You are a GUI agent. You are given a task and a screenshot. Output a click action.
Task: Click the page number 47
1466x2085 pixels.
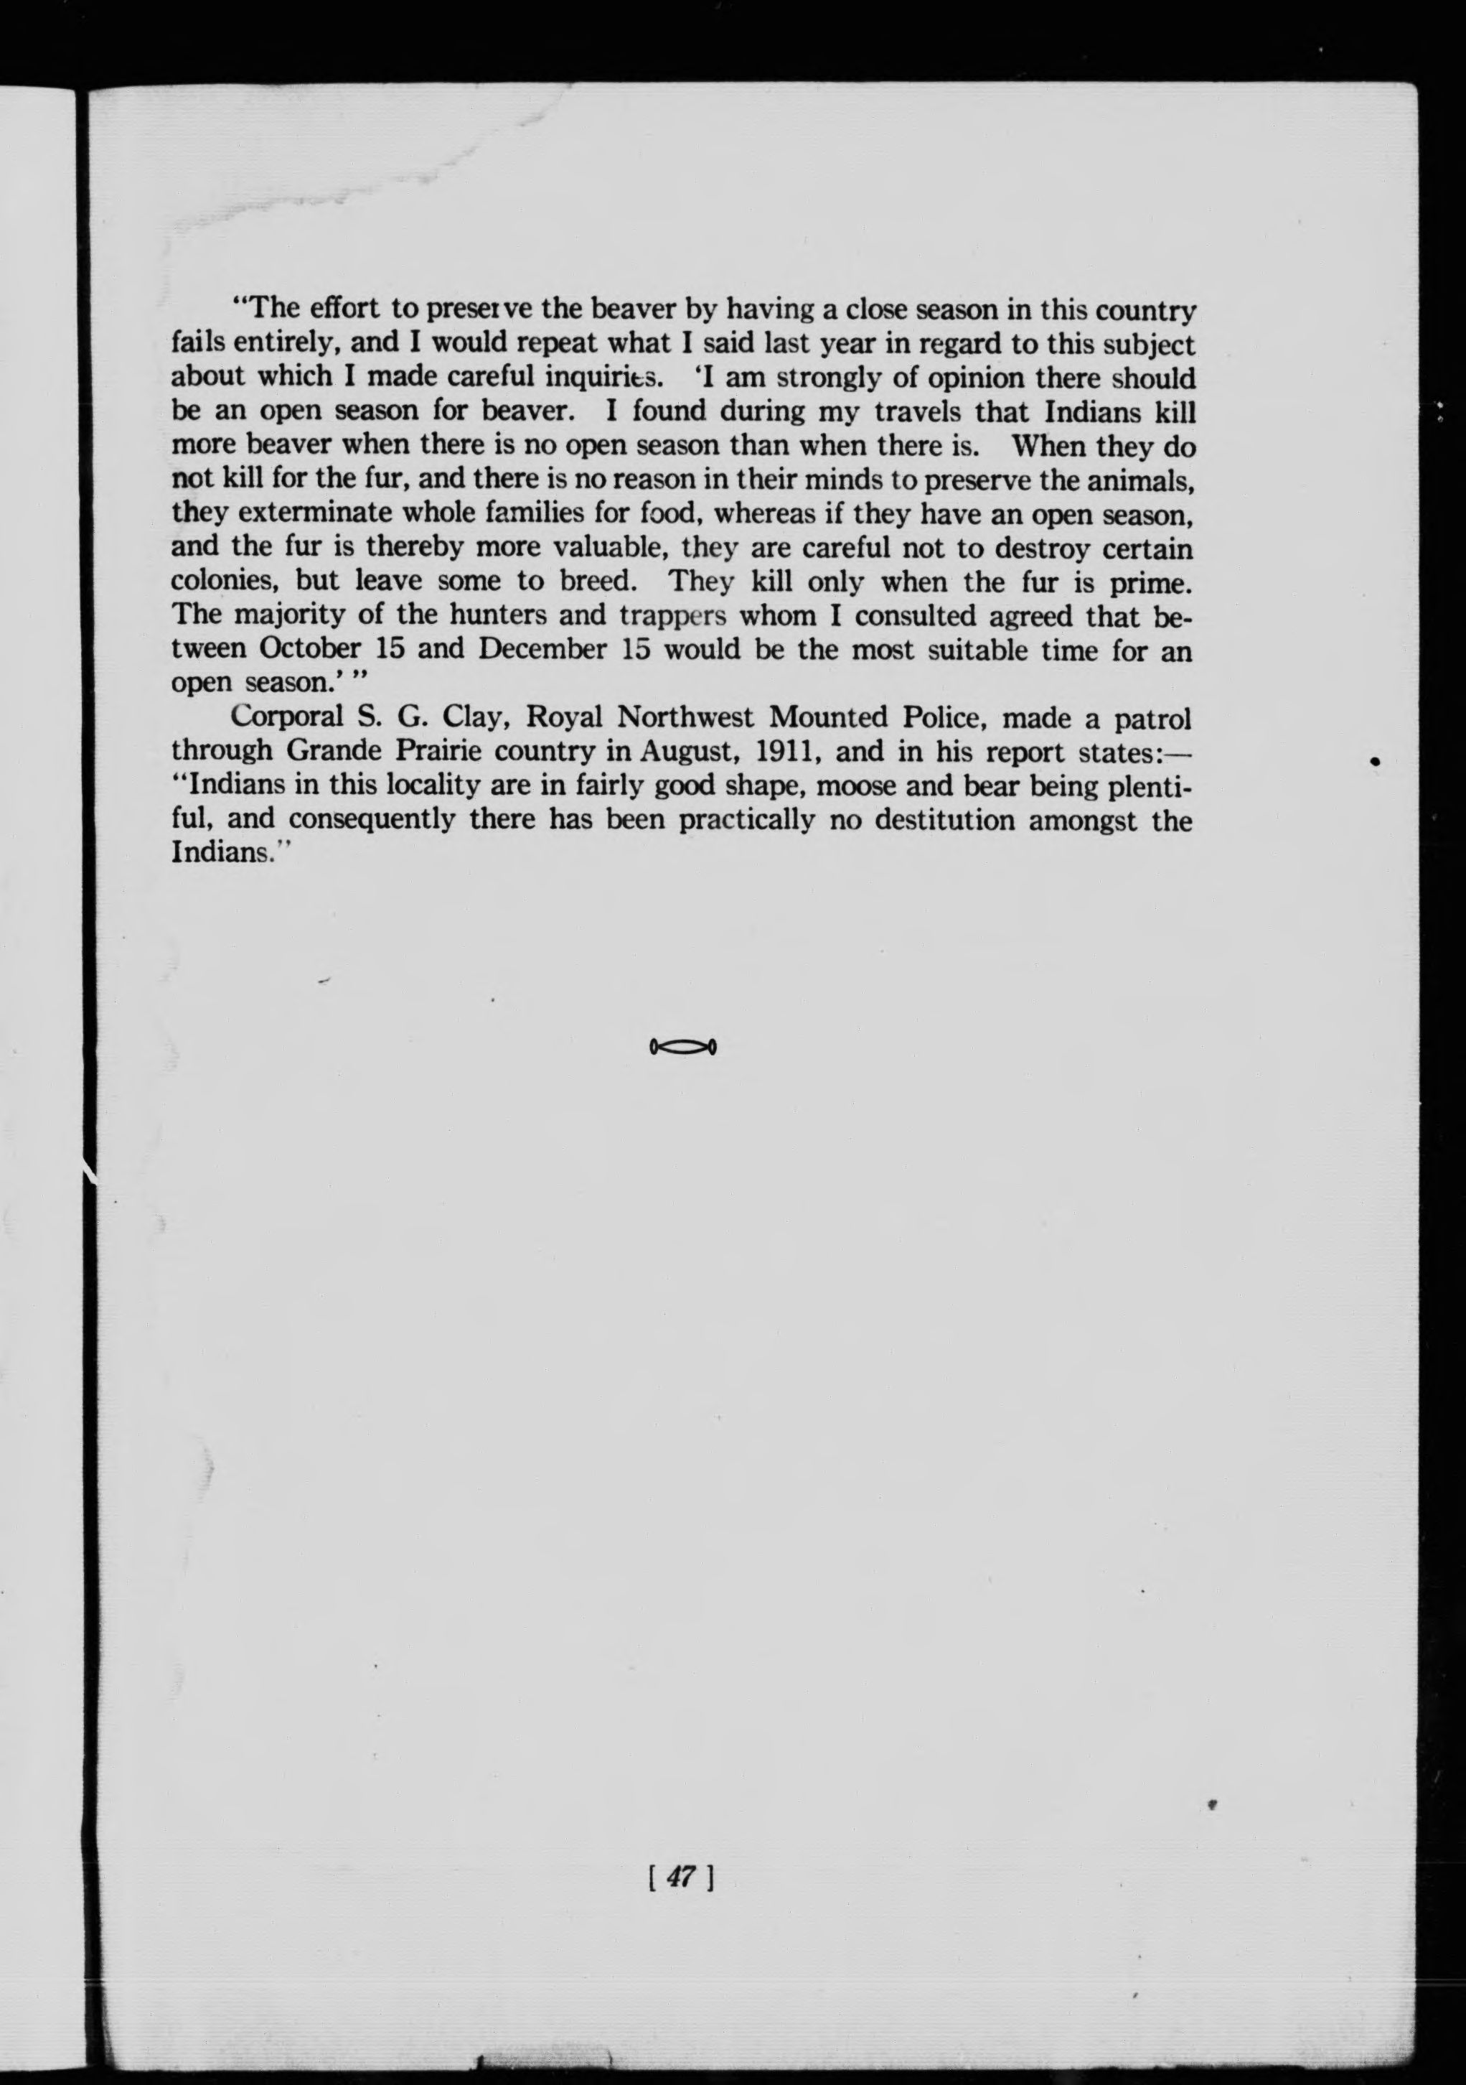[x=680, y=1877]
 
